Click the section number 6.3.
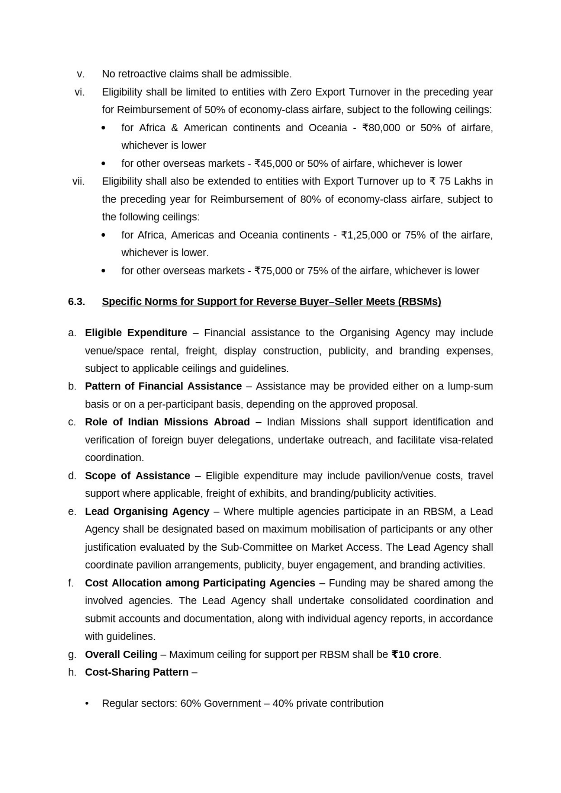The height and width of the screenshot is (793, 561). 77,302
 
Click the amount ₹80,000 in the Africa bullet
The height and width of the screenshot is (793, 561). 381,128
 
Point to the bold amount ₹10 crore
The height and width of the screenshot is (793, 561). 415,654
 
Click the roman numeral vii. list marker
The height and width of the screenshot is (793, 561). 79,181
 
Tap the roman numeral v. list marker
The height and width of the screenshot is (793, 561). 81,74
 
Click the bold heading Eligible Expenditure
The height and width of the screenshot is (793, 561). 136,333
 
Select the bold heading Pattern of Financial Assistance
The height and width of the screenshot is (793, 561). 163,386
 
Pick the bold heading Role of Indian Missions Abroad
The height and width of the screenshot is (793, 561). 167,422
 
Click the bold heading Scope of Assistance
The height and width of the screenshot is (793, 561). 137,476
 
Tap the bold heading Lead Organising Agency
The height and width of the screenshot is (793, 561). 147,511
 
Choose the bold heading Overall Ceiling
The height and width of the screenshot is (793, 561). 121,654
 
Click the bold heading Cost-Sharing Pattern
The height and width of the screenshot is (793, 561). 136,672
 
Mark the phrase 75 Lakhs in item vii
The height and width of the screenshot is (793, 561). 460,181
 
